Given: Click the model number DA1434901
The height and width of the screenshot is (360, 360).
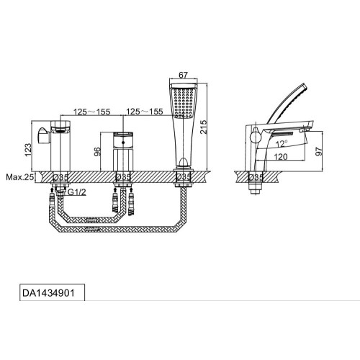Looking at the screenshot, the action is coord(48,293).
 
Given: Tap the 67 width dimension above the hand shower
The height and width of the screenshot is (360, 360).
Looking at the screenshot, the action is coord(183,75).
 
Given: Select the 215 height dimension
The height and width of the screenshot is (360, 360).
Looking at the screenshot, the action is coord(203,127).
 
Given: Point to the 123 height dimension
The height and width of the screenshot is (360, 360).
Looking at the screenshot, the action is coord(28,150).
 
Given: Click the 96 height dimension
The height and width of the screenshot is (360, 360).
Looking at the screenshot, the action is coord(97,152).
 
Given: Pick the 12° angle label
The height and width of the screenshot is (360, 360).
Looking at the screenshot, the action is coord(282,143).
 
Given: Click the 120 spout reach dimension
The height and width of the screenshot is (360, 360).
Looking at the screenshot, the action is coord(281,157).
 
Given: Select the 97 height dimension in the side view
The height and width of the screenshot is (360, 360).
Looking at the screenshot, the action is coord(319,151).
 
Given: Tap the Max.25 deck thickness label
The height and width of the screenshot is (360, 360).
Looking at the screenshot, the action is coord(20,177).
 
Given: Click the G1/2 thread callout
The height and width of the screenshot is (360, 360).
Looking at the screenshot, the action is coord(77,192).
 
